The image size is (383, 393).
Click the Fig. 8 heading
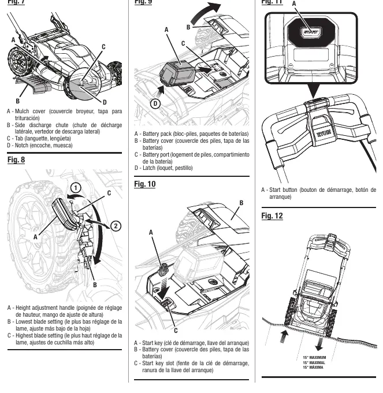coord(16,160)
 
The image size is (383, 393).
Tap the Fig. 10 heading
coord(145,184)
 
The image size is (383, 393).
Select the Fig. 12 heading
coord(272,216)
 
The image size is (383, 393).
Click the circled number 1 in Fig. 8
coord(76,188)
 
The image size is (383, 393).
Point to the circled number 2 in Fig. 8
coord(116,226)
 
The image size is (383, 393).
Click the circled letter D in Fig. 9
coord(155,103)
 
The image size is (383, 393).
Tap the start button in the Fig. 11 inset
coord(311,32)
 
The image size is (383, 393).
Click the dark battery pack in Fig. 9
coord(177,74)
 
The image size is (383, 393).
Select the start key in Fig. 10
coord(163,270)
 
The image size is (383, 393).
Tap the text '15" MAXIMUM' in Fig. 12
coord(314,357)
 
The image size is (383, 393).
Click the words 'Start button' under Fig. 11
coord(283,190)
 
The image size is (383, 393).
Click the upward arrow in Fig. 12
coord(284,336)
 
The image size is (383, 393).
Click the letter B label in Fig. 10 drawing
coord(241,203)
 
